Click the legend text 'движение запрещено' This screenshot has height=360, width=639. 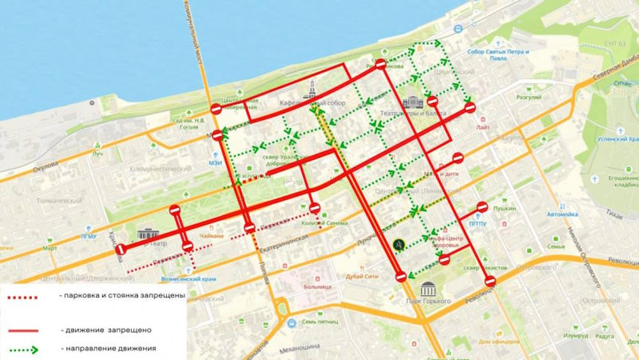pyautogui.click(x=107, y=330)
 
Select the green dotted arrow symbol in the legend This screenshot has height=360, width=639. pyautogui.click(x=23, y=349)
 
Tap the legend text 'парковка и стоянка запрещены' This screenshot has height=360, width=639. pyautogui.click(x=121, y=296)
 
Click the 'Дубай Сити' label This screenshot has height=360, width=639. pyautogui.click(x=362, y=276)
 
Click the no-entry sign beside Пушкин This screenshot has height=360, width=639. pyautogui.click(x=482, y=207)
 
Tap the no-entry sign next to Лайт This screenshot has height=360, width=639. pyautogui.click(x=470, y=107)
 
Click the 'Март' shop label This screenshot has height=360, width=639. pyautogui.click(x=49, y=247)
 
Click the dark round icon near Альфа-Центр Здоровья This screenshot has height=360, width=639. pyautogui.click(x=399, y=243)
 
